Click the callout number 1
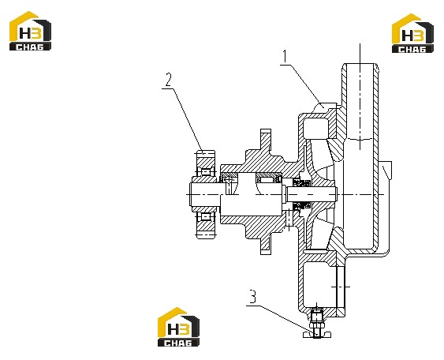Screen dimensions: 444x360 [285, 57]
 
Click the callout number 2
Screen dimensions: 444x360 [169, 80]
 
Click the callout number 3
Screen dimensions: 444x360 [252, 297]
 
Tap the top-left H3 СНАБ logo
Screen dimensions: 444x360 [30, 31]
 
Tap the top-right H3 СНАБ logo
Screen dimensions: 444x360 [412, 33]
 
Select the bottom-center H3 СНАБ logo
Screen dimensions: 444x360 [178, 327]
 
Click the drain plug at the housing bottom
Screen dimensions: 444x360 [317, 323]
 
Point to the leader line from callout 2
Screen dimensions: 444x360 [187, 119]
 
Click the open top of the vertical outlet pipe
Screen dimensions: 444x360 [360, 64]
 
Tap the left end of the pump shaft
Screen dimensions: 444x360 [191, 194]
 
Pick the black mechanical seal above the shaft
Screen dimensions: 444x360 [300, 183]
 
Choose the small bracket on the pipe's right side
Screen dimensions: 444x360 [386, 171]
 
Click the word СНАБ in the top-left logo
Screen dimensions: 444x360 [30, 47]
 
